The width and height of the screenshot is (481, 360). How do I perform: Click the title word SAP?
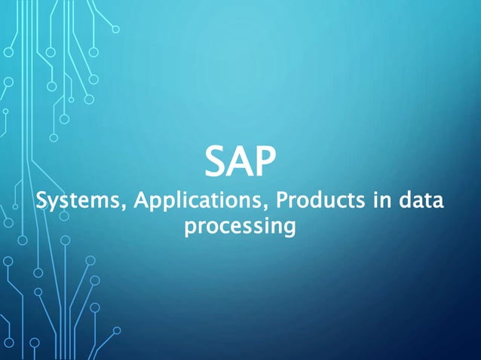[x=240, y=160]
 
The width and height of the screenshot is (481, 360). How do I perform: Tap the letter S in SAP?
[x=217, y=160]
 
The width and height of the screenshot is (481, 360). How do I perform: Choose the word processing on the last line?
[x=239, y=226]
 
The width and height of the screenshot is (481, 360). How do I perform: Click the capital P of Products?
[x=281, y=202]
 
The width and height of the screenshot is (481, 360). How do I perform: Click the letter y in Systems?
[x=56, y=205]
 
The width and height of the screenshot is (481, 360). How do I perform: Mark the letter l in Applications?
[x=160, y=201]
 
